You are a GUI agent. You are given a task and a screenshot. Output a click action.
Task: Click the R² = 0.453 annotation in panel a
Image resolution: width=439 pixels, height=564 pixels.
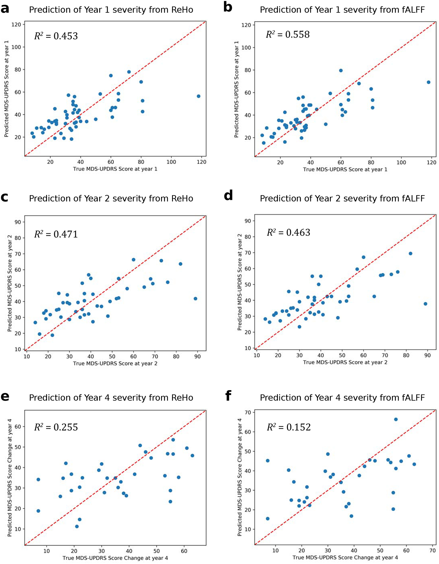coord(56,36)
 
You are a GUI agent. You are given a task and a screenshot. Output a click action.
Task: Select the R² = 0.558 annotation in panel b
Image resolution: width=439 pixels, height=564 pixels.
coord(288,34)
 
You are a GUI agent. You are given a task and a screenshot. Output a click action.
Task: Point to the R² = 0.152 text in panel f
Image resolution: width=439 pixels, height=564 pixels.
coord(289,427)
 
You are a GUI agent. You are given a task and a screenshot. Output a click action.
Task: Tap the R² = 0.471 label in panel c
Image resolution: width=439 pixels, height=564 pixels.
coord(56,234)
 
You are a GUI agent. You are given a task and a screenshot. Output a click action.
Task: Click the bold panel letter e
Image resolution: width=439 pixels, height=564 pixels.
coord(5,396)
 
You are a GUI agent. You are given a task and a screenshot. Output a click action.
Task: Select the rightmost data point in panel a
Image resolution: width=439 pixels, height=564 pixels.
coord(198,96)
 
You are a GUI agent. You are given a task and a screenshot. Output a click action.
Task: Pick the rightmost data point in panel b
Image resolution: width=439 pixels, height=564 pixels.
coord(428,82)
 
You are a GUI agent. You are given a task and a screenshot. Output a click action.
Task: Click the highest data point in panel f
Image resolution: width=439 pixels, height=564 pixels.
coord(396,419)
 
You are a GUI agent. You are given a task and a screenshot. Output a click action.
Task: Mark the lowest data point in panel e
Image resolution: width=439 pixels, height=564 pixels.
coord(77,526)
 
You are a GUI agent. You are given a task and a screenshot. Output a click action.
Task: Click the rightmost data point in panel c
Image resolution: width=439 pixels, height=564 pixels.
coord(196,299)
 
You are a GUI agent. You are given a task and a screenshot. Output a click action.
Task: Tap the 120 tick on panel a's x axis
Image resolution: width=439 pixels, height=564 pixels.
coord(201,162)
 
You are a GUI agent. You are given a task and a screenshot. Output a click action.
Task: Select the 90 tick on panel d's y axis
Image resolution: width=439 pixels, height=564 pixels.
coord(248,221)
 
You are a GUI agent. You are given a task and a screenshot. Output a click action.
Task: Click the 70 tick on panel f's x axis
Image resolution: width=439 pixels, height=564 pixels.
coord(432,551)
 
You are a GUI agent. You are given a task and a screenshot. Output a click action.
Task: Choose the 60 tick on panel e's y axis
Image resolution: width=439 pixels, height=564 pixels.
coord(18,426)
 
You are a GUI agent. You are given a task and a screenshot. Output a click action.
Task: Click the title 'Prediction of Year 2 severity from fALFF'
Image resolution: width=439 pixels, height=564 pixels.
coord(342,199)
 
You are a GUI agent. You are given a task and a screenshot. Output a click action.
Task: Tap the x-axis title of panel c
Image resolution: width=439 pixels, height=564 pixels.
coord(115,363)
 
